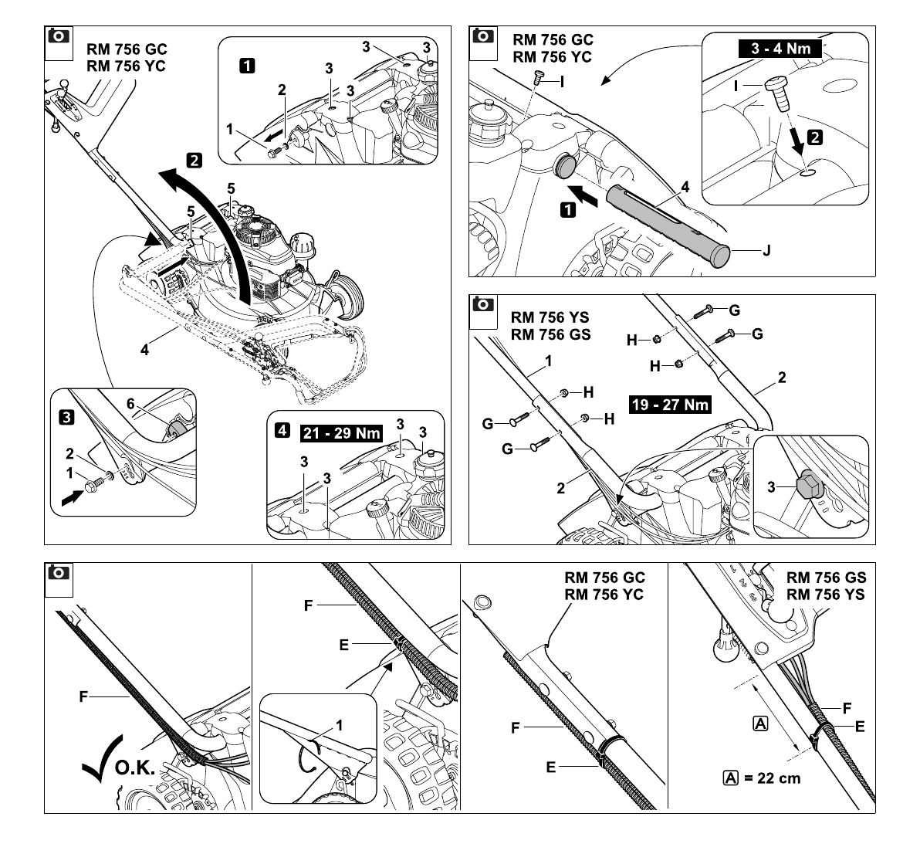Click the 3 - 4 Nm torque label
[x=780, y=48]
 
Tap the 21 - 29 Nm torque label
[x=341, y=433]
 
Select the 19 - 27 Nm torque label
[x=670, y=405]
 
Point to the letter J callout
[x=766, y=251]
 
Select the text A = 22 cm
[x=762, y=778]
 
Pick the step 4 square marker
[x=282, y=430]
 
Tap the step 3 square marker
[x=67, y=417]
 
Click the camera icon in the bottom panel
[x=59, y=572]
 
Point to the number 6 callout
[x=130, y=404]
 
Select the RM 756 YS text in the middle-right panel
[x=550, y=317]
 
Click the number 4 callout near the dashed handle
[x=144, y=350]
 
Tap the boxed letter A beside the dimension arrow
[x=759, y=724]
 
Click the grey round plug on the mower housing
[x=564, y=166]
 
